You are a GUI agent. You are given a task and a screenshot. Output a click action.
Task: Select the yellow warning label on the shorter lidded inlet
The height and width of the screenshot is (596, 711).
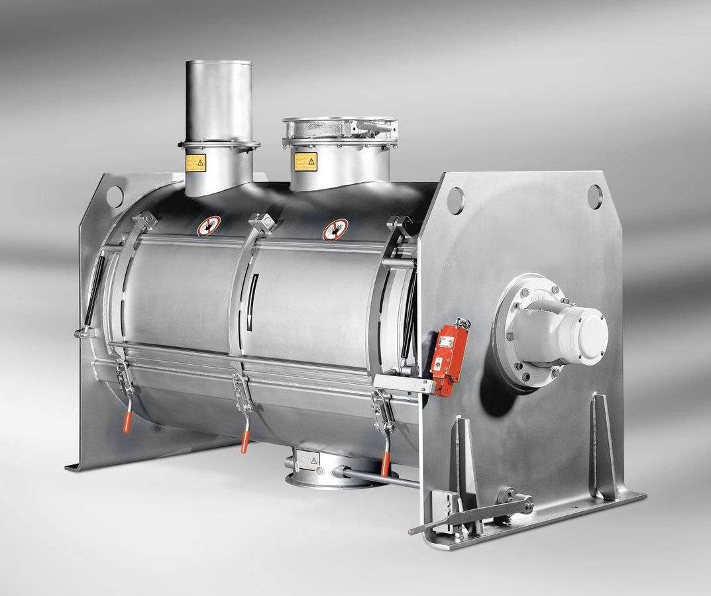pos(305,161)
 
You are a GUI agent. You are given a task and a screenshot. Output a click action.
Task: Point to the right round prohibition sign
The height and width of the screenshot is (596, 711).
pos(335,229)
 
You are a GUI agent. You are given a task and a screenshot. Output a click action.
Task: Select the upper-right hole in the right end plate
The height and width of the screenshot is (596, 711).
pos(594,196)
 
